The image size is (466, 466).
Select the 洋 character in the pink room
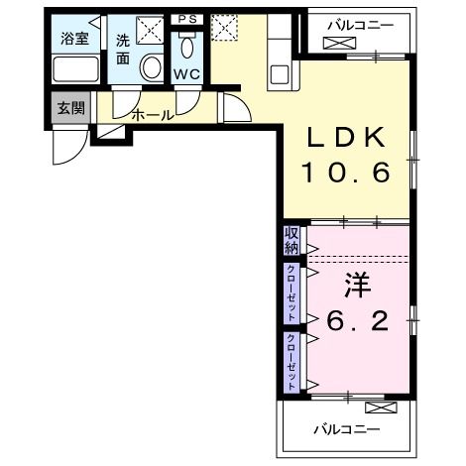click(x=357, y=285)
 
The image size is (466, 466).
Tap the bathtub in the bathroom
click(x=74, y=71)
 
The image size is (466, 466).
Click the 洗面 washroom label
click(x=123, y=50)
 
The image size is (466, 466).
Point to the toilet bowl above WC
click(x=185, y=50)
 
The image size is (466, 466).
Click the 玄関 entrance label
click(x=68, y=107)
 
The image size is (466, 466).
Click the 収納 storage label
click(x=291, y=239)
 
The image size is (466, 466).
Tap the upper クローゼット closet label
click(x=291, y=291)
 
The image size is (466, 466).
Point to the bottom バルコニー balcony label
click(x=348, y=429)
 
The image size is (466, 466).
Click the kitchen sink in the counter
click(x=279, y=73)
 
